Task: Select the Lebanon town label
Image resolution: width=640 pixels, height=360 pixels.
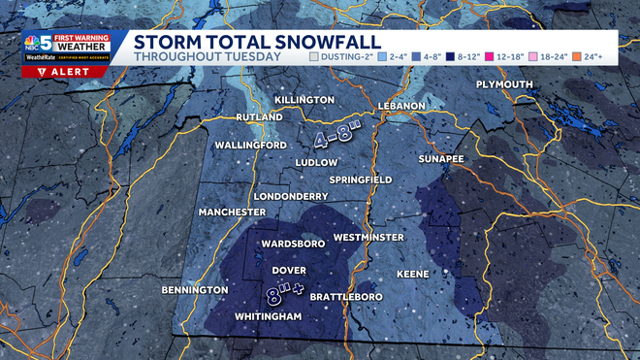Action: click(x=396, y=105)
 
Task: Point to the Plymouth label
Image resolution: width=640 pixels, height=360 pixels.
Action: click(x=504, y=85)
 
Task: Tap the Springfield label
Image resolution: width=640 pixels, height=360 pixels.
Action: click(x=360, y=180)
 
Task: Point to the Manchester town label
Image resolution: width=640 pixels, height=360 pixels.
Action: click(x=232, y=212)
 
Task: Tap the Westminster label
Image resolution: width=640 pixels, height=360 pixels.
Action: click(x=368, y=237)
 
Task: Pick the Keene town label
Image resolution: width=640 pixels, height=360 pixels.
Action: click(x=412, y=274)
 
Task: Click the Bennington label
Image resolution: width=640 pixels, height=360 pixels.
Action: click(x=195, y=289)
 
